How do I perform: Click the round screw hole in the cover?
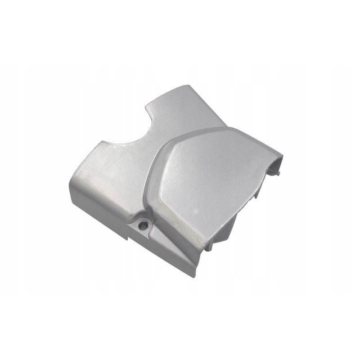143,223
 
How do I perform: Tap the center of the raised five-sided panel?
207,175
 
